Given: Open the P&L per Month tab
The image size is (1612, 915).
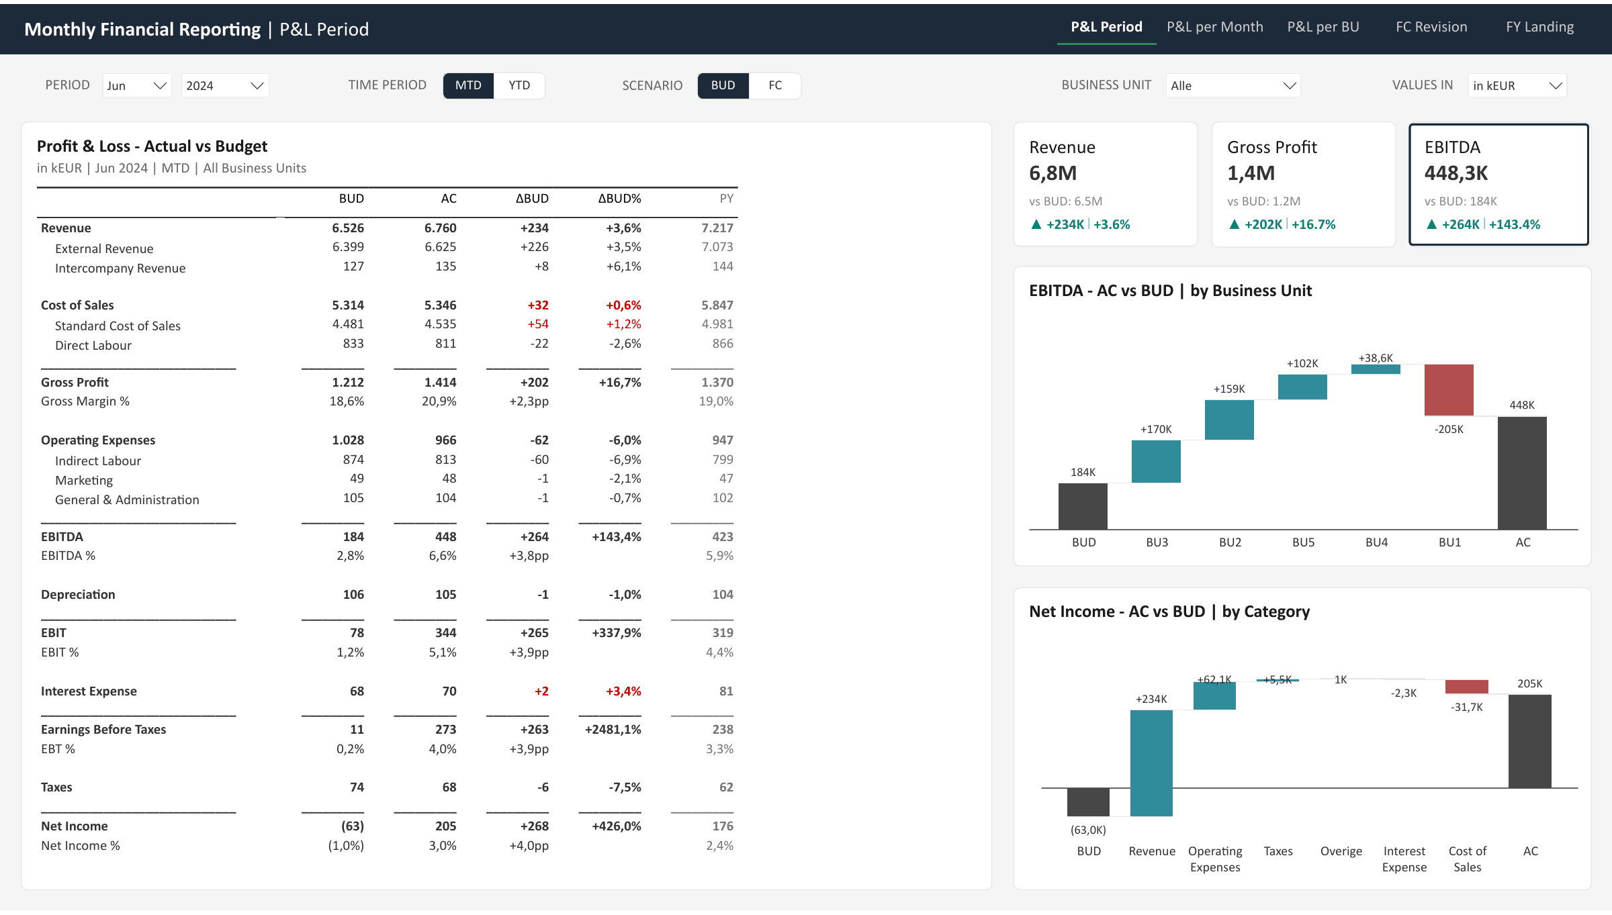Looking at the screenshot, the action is pyautogui.click(x=1214, y=27).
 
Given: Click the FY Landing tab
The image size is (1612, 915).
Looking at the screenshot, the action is pyautogui.click(x=1539, y=27).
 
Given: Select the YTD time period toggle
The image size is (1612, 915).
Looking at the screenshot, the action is pyautogui.click(x=519, y=85).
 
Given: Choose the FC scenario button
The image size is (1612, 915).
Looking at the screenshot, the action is pyautogui.click(x=775, y=85).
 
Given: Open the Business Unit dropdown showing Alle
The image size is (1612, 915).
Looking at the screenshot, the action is pyautogui.click(x=1233, y=85).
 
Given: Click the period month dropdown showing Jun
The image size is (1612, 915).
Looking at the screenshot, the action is pyautogui.click(x=137, y=85).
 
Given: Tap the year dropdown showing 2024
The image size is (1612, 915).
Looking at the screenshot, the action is pyautogui.click(x=225, y=85).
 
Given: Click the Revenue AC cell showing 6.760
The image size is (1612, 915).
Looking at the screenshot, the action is pyautogui.click(x=440, y=228).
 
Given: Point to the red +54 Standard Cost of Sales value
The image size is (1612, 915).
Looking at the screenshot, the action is pyautogui.click(x=538, y=324).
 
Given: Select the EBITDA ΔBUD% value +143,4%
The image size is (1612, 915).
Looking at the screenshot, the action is pyautogui.click(x=617, y=537).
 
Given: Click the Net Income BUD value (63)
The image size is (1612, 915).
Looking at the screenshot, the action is pyautogui.click(x=352, y=826).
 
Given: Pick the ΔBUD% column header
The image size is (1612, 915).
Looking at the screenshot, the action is pyautogui.click(x=619, y=199).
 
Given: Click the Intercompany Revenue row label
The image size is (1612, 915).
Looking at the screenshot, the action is pyautogui.click(x=120, y=269).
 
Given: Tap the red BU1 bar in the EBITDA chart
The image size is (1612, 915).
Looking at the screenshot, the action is pyautogui.click(x=1449, y=390).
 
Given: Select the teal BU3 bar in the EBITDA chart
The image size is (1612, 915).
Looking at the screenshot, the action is pyautogui.click(x=1156, y=461).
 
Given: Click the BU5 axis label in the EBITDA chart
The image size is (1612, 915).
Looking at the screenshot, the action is pyautogui.click(x=1303, y=542).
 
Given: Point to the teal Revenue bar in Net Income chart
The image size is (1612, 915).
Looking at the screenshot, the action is pyautogui.click(x=1151, y=763).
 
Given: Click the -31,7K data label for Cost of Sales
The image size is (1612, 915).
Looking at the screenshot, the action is pyautogui.click(x=1466, y=708).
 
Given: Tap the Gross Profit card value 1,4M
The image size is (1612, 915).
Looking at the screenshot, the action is pyautogui.click(x=1251, y=173).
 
